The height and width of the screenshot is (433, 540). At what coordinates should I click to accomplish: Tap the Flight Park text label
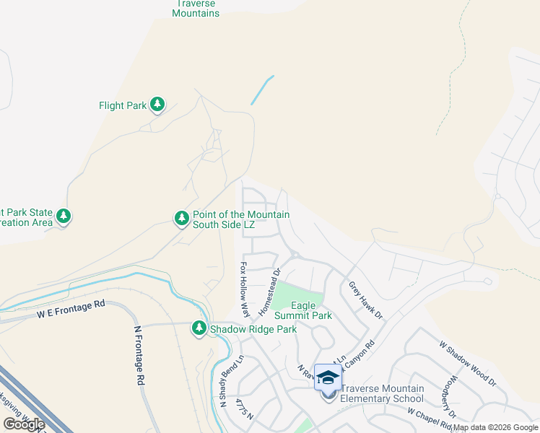point(123,105)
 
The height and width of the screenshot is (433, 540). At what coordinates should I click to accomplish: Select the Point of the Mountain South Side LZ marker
point(182,216)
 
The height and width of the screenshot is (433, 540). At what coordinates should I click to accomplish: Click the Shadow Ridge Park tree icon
point(199,328)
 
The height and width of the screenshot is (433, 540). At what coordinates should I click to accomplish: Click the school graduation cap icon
point(328,377)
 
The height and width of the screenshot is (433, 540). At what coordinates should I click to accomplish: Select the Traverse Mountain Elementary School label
point(382,393)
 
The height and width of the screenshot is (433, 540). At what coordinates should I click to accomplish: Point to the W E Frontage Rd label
point(71,310)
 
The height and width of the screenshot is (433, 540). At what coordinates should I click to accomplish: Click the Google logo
point(24,424)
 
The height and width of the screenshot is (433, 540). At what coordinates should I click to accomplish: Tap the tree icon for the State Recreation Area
point(64,216)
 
